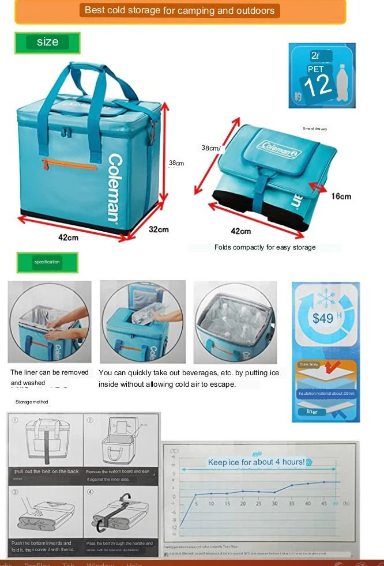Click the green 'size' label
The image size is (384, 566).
[x=47, y=42]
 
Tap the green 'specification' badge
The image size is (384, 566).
[x=47, y=262]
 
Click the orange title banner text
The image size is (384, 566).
[x=180, y=10]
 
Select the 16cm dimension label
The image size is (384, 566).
[x=341, y=197]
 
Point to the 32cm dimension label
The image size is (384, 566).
[x=159, y=229]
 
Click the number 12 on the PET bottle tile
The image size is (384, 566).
[x=318, y=86]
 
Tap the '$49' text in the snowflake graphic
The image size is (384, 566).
[x=323, y=318]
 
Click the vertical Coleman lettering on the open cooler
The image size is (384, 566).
[x=114, y=187]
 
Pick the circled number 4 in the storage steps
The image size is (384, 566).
[x=91, y=492]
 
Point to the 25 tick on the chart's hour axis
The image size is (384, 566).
[x=259, y=504]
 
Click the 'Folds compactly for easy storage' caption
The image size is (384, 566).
[x=265, y=247]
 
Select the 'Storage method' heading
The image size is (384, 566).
[x=32, y=402]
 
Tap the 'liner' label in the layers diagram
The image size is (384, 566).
[x=312, y=412]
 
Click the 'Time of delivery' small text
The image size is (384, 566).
[x=314, y=129]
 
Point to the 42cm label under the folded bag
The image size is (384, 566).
[x=240, y=231]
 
